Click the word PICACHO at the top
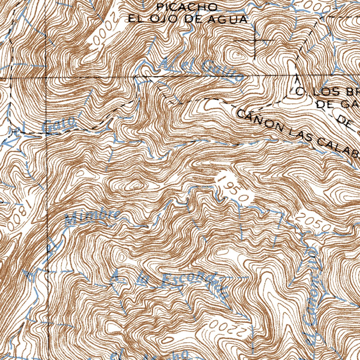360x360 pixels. click(x=187, y=6)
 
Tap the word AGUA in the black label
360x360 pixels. click(x=226, y=19)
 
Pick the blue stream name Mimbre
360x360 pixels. click(x=93, y=217)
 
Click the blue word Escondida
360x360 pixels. click(x=195, y=283)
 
